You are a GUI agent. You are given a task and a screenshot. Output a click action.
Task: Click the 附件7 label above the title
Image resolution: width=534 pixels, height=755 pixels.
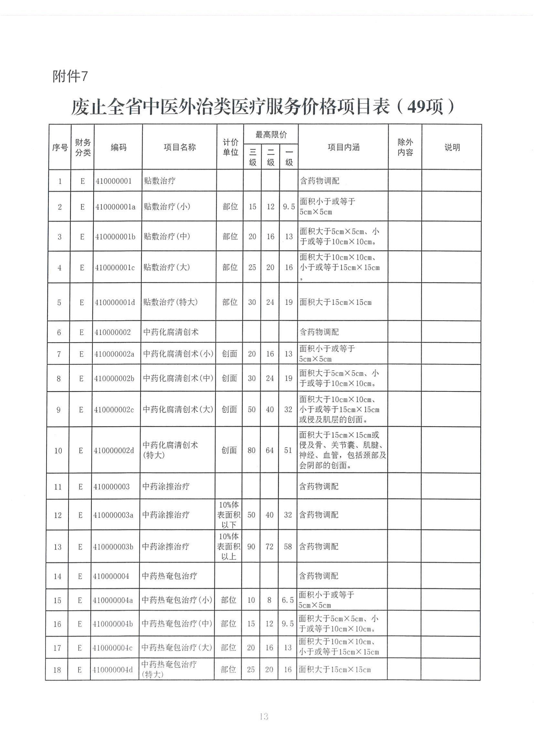[70, 77]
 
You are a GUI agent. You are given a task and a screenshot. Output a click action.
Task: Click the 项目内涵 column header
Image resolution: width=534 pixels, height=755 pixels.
[343, 147]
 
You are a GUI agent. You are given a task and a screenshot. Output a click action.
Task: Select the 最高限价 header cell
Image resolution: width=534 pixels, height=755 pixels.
[271, 134]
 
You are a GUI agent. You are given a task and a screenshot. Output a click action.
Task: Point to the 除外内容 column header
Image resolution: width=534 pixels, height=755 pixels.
[405, 147]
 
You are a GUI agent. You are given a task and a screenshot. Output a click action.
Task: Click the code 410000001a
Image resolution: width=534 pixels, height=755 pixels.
[115, 207]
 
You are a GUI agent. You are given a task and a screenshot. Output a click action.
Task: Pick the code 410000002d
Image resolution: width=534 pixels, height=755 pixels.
[114, 451]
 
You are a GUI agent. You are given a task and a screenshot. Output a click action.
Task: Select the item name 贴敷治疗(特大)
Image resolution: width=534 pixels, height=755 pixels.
[171, 302]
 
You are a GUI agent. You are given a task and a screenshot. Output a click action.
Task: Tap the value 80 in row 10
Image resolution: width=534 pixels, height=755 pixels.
[251, 451]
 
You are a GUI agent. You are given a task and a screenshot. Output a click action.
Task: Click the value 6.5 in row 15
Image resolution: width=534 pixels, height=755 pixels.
[288, 600]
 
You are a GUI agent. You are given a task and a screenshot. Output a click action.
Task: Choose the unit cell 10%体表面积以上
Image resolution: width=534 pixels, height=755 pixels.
[229, 547]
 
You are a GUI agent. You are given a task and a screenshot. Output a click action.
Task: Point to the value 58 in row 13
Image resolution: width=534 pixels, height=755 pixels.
[288, 547]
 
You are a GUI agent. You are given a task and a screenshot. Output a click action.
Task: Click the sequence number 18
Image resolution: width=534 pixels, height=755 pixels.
[57, 669]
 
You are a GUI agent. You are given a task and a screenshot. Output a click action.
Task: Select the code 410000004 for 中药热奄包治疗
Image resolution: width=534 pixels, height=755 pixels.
[111, 576]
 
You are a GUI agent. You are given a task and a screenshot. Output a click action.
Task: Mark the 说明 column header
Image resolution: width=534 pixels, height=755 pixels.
[452, 147]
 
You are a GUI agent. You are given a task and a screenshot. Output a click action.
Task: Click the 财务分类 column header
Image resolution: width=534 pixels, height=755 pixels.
[83, 147]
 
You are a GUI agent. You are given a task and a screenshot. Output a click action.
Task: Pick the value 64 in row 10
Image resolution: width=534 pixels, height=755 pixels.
[270, 451]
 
